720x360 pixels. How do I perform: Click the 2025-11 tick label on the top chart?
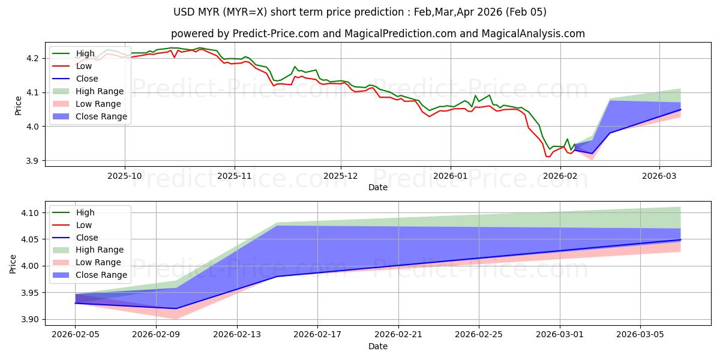tap(234, 175)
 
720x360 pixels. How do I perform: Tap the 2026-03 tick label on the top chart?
tap(659, 175)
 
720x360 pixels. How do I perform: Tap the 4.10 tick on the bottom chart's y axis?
tap(29, 213)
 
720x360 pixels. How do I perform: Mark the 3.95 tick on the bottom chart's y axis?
tap(29, 293)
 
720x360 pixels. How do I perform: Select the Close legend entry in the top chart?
tap(87, 79)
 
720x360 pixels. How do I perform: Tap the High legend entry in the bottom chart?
tap(85, 212)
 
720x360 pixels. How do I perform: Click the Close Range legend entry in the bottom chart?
tap(101, 275)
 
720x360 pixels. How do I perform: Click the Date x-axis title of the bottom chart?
tap(378, 346)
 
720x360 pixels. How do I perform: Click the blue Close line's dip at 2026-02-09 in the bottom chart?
tap(176, 308)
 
